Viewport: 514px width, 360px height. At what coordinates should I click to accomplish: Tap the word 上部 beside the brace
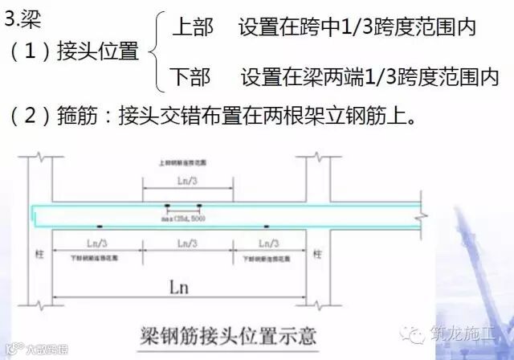point(193,29)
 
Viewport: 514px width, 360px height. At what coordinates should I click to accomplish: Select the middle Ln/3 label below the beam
point(186,242)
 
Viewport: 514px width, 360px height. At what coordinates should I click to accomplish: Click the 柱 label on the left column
point(36,254)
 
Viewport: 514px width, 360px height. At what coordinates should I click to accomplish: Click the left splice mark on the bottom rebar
point(100,227)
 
